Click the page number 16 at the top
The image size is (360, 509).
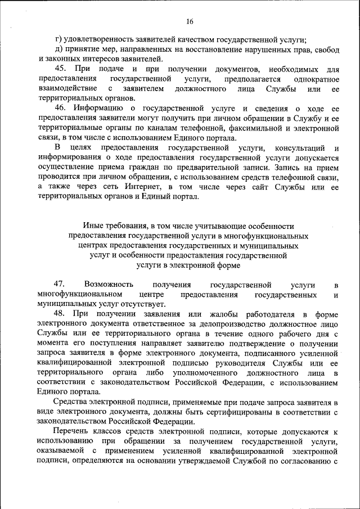(x=190, y=21)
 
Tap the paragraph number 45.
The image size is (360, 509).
(x=60, y=69)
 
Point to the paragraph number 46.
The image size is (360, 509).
(x=60, y=108)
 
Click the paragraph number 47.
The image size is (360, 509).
(x=60, y=285)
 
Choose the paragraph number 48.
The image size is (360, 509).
(x=60, y=313)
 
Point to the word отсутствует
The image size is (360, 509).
(x=151, y=304)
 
